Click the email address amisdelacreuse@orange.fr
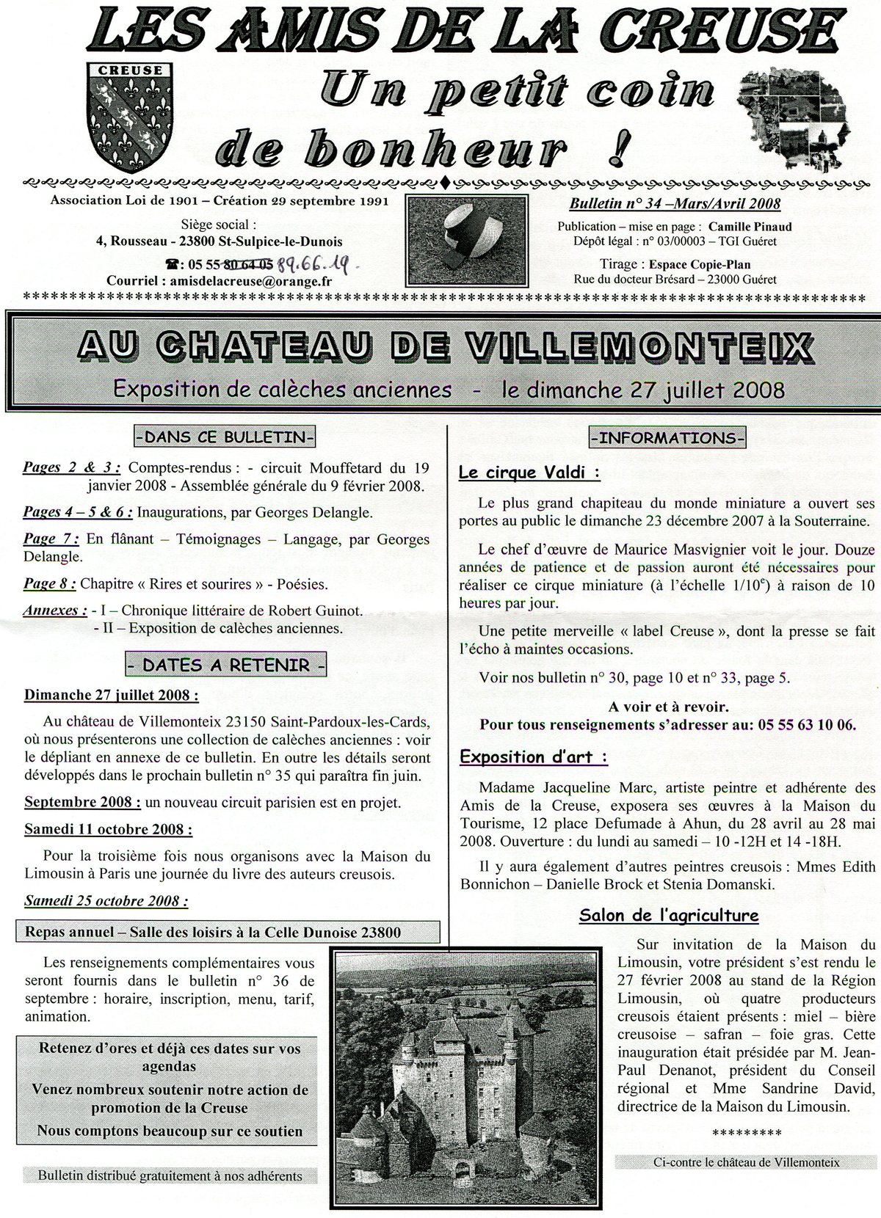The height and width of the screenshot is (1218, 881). (x=250, y=280)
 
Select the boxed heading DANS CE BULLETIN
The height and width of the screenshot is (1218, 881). (x=225, y=437)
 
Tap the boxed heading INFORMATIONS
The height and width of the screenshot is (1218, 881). (x=667, y=438)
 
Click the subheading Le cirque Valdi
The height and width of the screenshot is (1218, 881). (x=529, y=473)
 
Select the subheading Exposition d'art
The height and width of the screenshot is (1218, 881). (x=534, y=756)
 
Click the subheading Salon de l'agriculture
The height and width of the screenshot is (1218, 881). (x=668, y=915)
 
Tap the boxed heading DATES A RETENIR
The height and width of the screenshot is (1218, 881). (x=226, y=665)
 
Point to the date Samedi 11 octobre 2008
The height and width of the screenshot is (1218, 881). (x=109, y=829)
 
